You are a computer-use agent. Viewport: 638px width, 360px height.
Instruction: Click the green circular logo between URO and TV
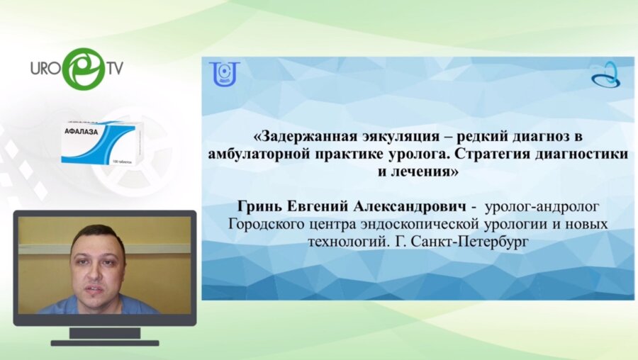pyautogui.click(x=83, y=68)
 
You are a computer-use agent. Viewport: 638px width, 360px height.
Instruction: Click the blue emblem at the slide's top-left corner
pyautogui.click(x=224, y=73)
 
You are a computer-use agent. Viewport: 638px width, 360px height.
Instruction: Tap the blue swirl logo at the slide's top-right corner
pyautogui.click(x=606, y=74)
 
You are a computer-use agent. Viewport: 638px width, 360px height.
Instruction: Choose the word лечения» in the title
pyautogui.click(x=425, y=171)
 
